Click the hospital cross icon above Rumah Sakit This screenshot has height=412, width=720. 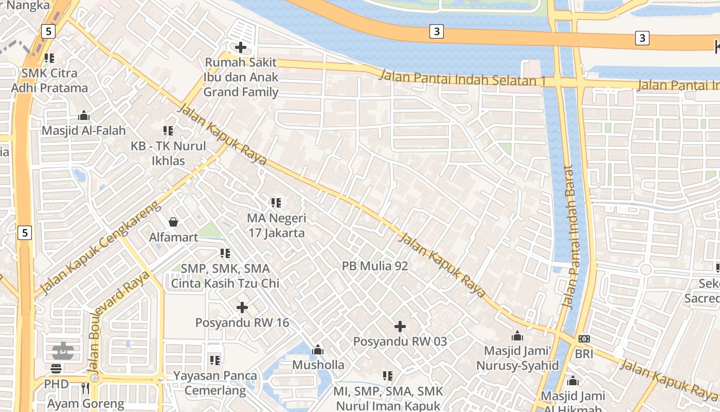click(x=240, y=47)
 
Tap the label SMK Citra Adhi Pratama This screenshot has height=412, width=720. click(x=49, y=80)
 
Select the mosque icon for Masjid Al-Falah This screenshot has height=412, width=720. click(x=83, y=115)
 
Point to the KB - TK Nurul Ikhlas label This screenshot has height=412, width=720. click(x=168, y=153)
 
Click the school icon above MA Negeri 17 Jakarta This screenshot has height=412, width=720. click(x=276, y=203)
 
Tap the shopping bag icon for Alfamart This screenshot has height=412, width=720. click(x=173, y=222)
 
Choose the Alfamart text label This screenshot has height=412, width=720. click(x=173, y=237)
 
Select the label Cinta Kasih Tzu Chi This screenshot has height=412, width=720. click(x=225, y=283)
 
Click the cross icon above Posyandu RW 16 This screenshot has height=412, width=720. click(x=242, y=307)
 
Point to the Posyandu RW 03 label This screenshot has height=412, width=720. click(x=400, y=341)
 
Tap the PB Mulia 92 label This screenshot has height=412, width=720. click(x=375, y=266)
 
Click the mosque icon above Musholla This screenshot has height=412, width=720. click(x=318, y=350)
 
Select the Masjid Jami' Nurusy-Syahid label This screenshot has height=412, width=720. click(x=517, y=358)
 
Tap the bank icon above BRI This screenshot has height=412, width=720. click(x=584, y=339)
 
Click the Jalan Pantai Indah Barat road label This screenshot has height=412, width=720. click(x=568, y=237)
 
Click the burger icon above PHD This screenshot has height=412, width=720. click(x=56, y=369)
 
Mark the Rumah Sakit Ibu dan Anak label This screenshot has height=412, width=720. click(x=241, y=77)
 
